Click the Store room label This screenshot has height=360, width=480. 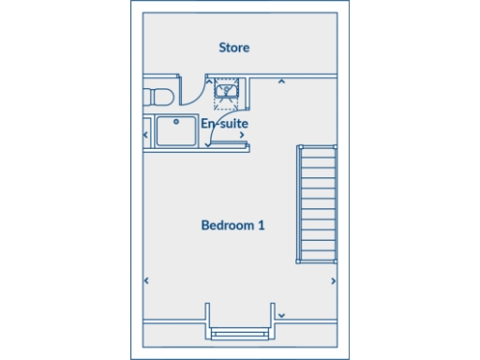point(233,47)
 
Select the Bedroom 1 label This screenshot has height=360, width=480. point(233,225)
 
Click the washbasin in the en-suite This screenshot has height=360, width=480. point(227,90)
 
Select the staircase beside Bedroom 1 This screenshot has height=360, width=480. point(317,203)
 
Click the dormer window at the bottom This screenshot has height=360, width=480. point(240,333)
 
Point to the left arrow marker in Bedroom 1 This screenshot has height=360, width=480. point(145,280)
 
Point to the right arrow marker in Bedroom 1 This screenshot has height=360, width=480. point(335,280)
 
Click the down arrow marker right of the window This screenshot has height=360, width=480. point(281,315)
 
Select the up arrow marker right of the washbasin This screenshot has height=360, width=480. point(280,82)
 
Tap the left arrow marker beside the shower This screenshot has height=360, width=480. point(145,134)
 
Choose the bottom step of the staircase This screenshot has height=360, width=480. point(317,257)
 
